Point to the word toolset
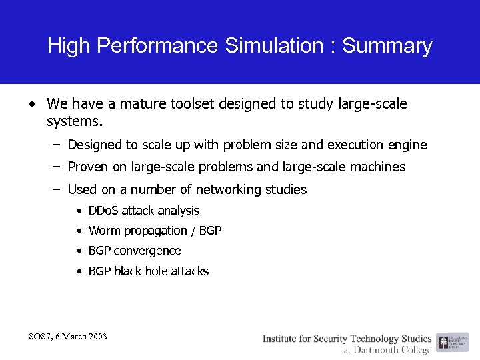tap(184, 104)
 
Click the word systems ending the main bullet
tap(76, 122)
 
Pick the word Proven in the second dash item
tap(88, 167)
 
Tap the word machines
tap(379, 167)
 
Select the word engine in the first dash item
tap(407, 145)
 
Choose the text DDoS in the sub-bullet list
tap(103, 211)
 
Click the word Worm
tap(103, 231)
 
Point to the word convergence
tap(147, 251)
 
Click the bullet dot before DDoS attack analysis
tap(79, 211)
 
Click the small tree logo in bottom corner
tap(444, 343)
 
